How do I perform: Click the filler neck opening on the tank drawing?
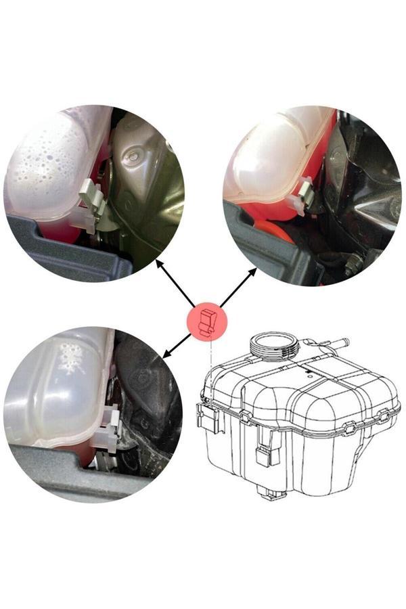273,343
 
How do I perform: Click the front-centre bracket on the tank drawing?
267,450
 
